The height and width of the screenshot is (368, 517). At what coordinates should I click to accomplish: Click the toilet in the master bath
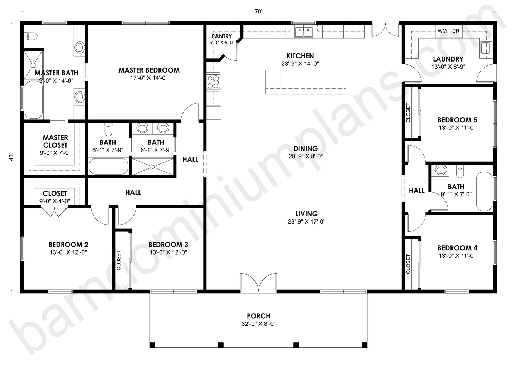pos(31,36)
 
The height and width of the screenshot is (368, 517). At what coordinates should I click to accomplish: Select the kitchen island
pos(306,82)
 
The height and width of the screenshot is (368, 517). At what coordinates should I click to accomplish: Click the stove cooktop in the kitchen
pos(214,82)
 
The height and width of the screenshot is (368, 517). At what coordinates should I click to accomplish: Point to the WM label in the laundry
pos(442,31)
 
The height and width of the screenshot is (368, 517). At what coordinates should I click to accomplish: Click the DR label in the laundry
pos(455,31)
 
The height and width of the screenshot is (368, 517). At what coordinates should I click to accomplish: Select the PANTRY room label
pos(222,36)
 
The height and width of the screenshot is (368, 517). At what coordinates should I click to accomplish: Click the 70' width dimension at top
pos(258,11)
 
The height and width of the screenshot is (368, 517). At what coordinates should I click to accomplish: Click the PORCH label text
pos(258,316)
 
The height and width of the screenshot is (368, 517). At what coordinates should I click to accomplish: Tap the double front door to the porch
pos(258,283)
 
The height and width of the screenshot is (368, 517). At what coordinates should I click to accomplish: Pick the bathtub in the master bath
pos(33,100)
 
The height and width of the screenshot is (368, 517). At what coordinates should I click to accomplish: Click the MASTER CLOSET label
pos(55,141)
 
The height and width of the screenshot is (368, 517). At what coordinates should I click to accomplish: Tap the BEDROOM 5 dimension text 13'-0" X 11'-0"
pos(457,128)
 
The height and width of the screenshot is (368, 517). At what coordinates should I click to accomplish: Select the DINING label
pos(306,148)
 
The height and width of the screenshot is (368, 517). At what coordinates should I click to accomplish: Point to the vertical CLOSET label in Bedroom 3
pos(119,260)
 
